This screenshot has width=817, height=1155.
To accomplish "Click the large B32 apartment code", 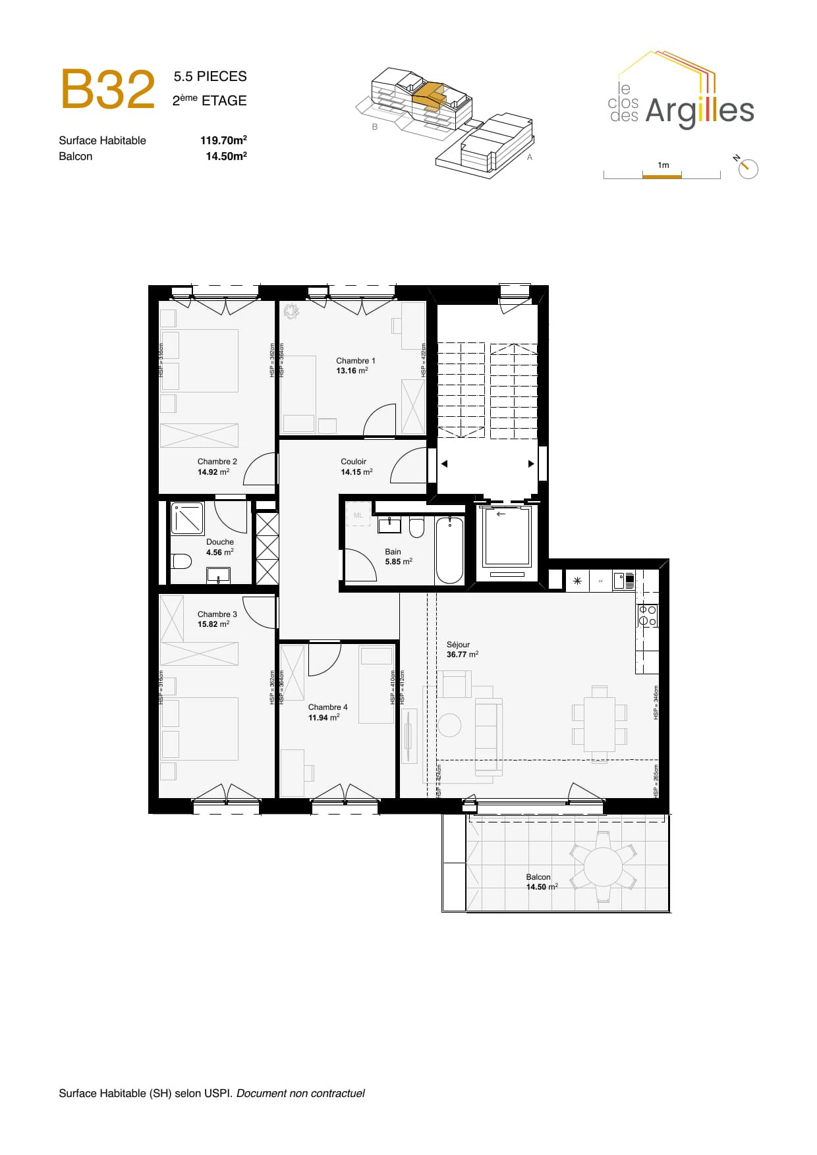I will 108,90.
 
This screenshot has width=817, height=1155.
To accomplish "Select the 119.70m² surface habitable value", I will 223,140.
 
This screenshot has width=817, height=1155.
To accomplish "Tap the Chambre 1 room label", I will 355,361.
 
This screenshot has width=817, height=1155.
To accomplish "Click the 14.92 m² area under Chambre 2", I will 213,472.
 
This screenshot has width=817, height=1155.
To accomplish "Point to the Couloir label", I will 353,462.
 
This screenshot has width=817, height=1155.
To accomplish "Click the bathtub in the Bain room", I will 449,551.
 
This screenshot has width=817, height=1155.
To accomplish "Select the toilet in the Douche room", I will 181,561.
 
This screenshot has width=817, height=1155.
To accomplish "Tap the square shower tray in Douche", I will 188,518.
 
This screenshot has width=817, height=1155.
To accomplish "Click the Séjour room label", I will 458,645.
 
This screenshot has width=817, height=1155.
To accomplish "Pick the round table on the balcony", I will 602,867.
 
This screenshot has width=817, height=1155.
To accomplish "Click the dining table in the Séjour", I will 599,724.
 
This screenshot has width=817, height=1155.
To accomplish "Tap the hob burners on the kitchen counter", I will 647,616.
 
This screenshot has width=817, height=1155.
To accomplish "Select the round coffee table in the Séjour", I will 449,725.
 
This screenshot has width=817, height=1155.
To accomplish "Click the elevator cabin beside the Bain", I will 507,536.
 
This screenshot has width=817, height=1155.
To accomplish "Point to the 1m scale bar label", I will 663,165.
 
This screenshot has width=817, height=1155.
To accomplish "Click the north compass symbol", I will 747,168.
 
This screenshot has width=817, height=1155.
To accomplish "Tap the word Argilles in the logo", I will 699,111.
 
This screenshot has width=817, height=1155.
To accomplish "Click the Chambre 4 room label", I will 327,707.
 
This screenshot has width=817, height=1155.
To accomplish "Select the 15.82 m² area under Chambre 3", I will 213,624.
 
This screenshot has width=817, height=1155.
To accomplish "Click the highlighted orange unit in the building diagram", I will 430,94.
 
